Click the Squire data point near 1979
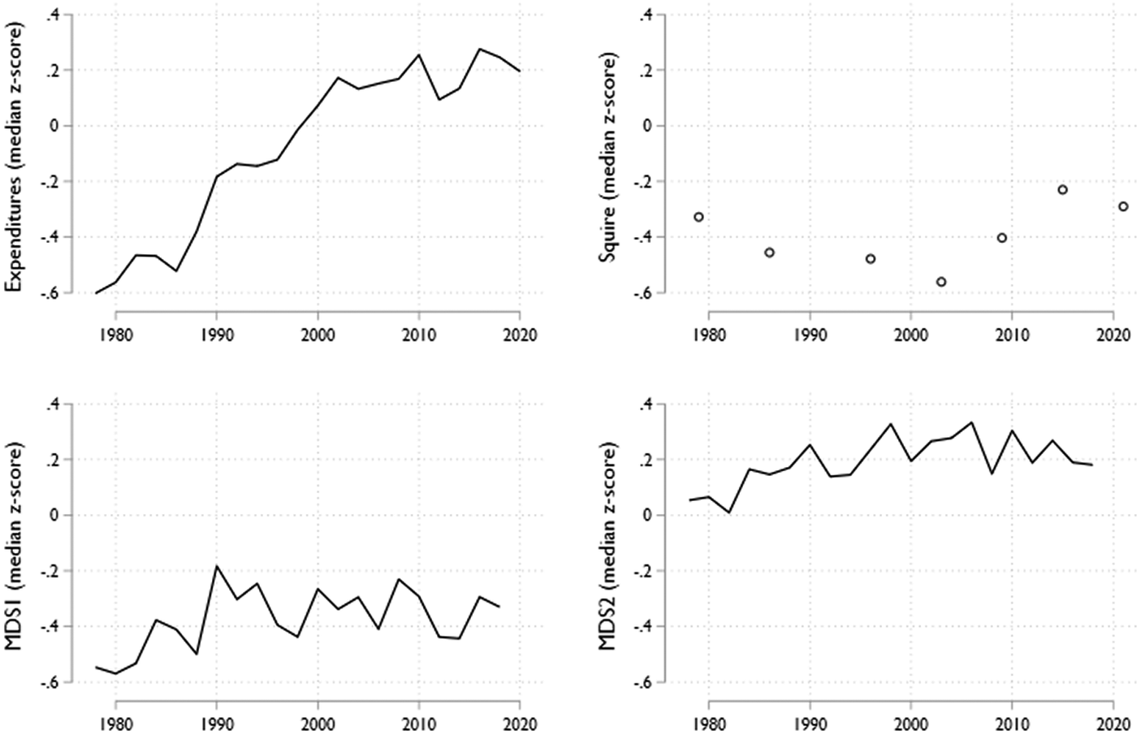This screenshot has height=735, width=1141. [698, 217]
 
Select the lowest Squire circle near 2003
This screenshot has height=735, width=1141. [941, 282]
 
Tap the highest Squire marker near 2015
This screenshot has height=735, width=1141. [1062, 189]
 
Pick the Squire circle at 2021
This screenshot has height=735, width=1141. [1123, 206]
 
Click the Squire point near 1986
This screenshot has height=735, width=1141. [770, 253]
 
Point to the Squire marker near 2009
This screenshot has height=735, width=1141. [1002, 238]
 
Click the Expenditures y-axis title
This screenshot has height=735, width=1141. [15, 154]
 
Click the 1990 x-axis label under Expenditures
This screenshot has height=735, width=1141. [217, 336]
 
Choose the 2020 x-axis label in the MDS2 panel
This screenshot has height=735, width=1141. [1113, 724]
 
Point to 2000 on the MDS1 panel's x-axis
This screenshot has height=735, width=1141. [318, 724]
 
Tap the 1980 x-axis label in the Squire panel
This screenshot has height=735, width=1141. [708, 336]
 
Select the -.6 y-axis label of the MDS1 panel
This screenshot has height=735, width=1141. [54, 682]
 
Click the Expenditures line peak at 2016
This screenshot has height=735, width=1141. [479, 49]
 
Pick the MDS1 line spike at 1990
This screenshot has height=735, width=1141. [217, 566]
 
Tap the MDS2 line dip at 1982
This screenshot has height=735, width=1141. [729, 512]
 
